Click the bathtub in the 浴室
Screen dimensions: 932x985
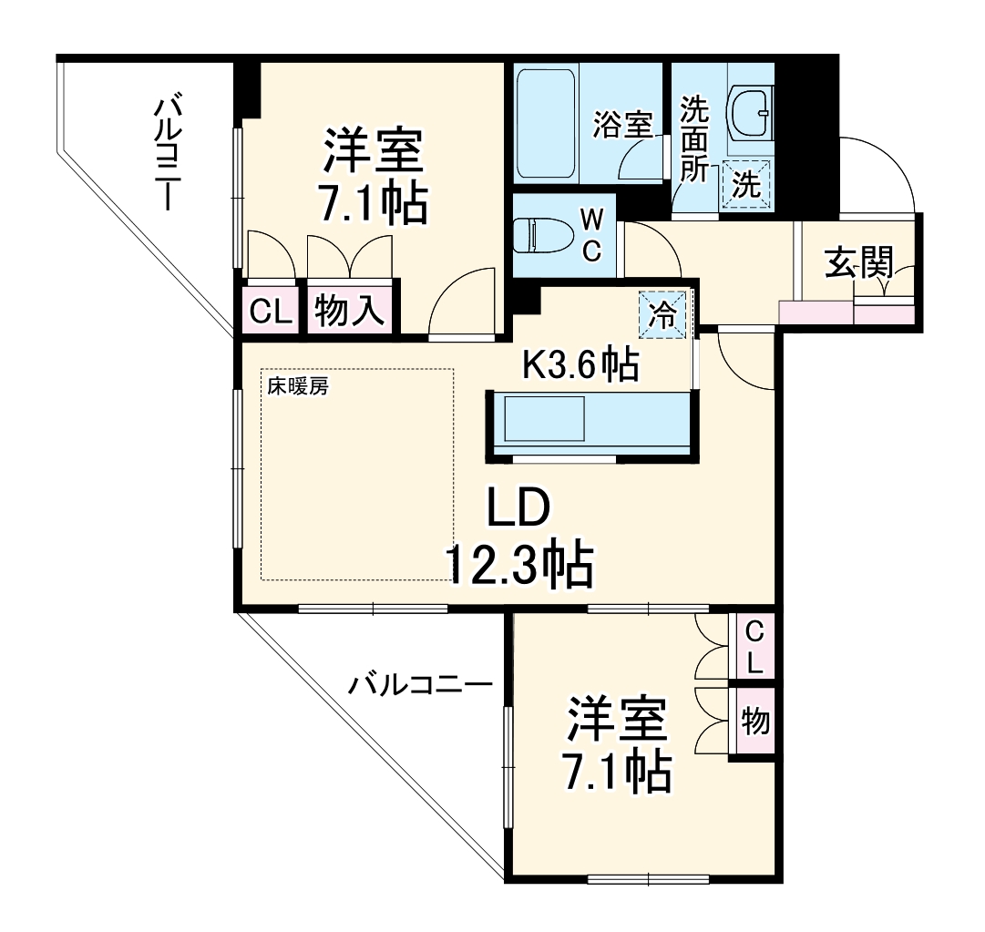546,126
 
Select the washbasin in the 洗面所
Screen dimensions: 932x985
750,110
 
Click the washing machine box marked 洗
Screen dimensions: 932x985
746,185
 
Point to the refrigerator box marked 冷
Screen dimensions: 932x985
663,315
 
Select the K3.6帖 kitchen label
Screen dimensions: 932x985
579,365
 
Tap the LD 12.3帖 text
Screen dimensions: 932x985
518,538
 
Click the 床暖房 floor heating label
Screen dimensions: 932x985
297,385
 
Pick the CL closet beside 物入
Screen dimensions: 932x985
271,312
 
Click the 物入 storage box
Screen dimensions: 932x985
349,312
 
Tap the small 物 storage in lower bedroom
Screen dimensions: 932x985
754,722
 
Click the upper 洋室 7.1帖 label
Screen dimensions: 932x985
373,178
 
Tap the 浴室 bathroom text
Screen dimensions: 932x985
623,125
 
